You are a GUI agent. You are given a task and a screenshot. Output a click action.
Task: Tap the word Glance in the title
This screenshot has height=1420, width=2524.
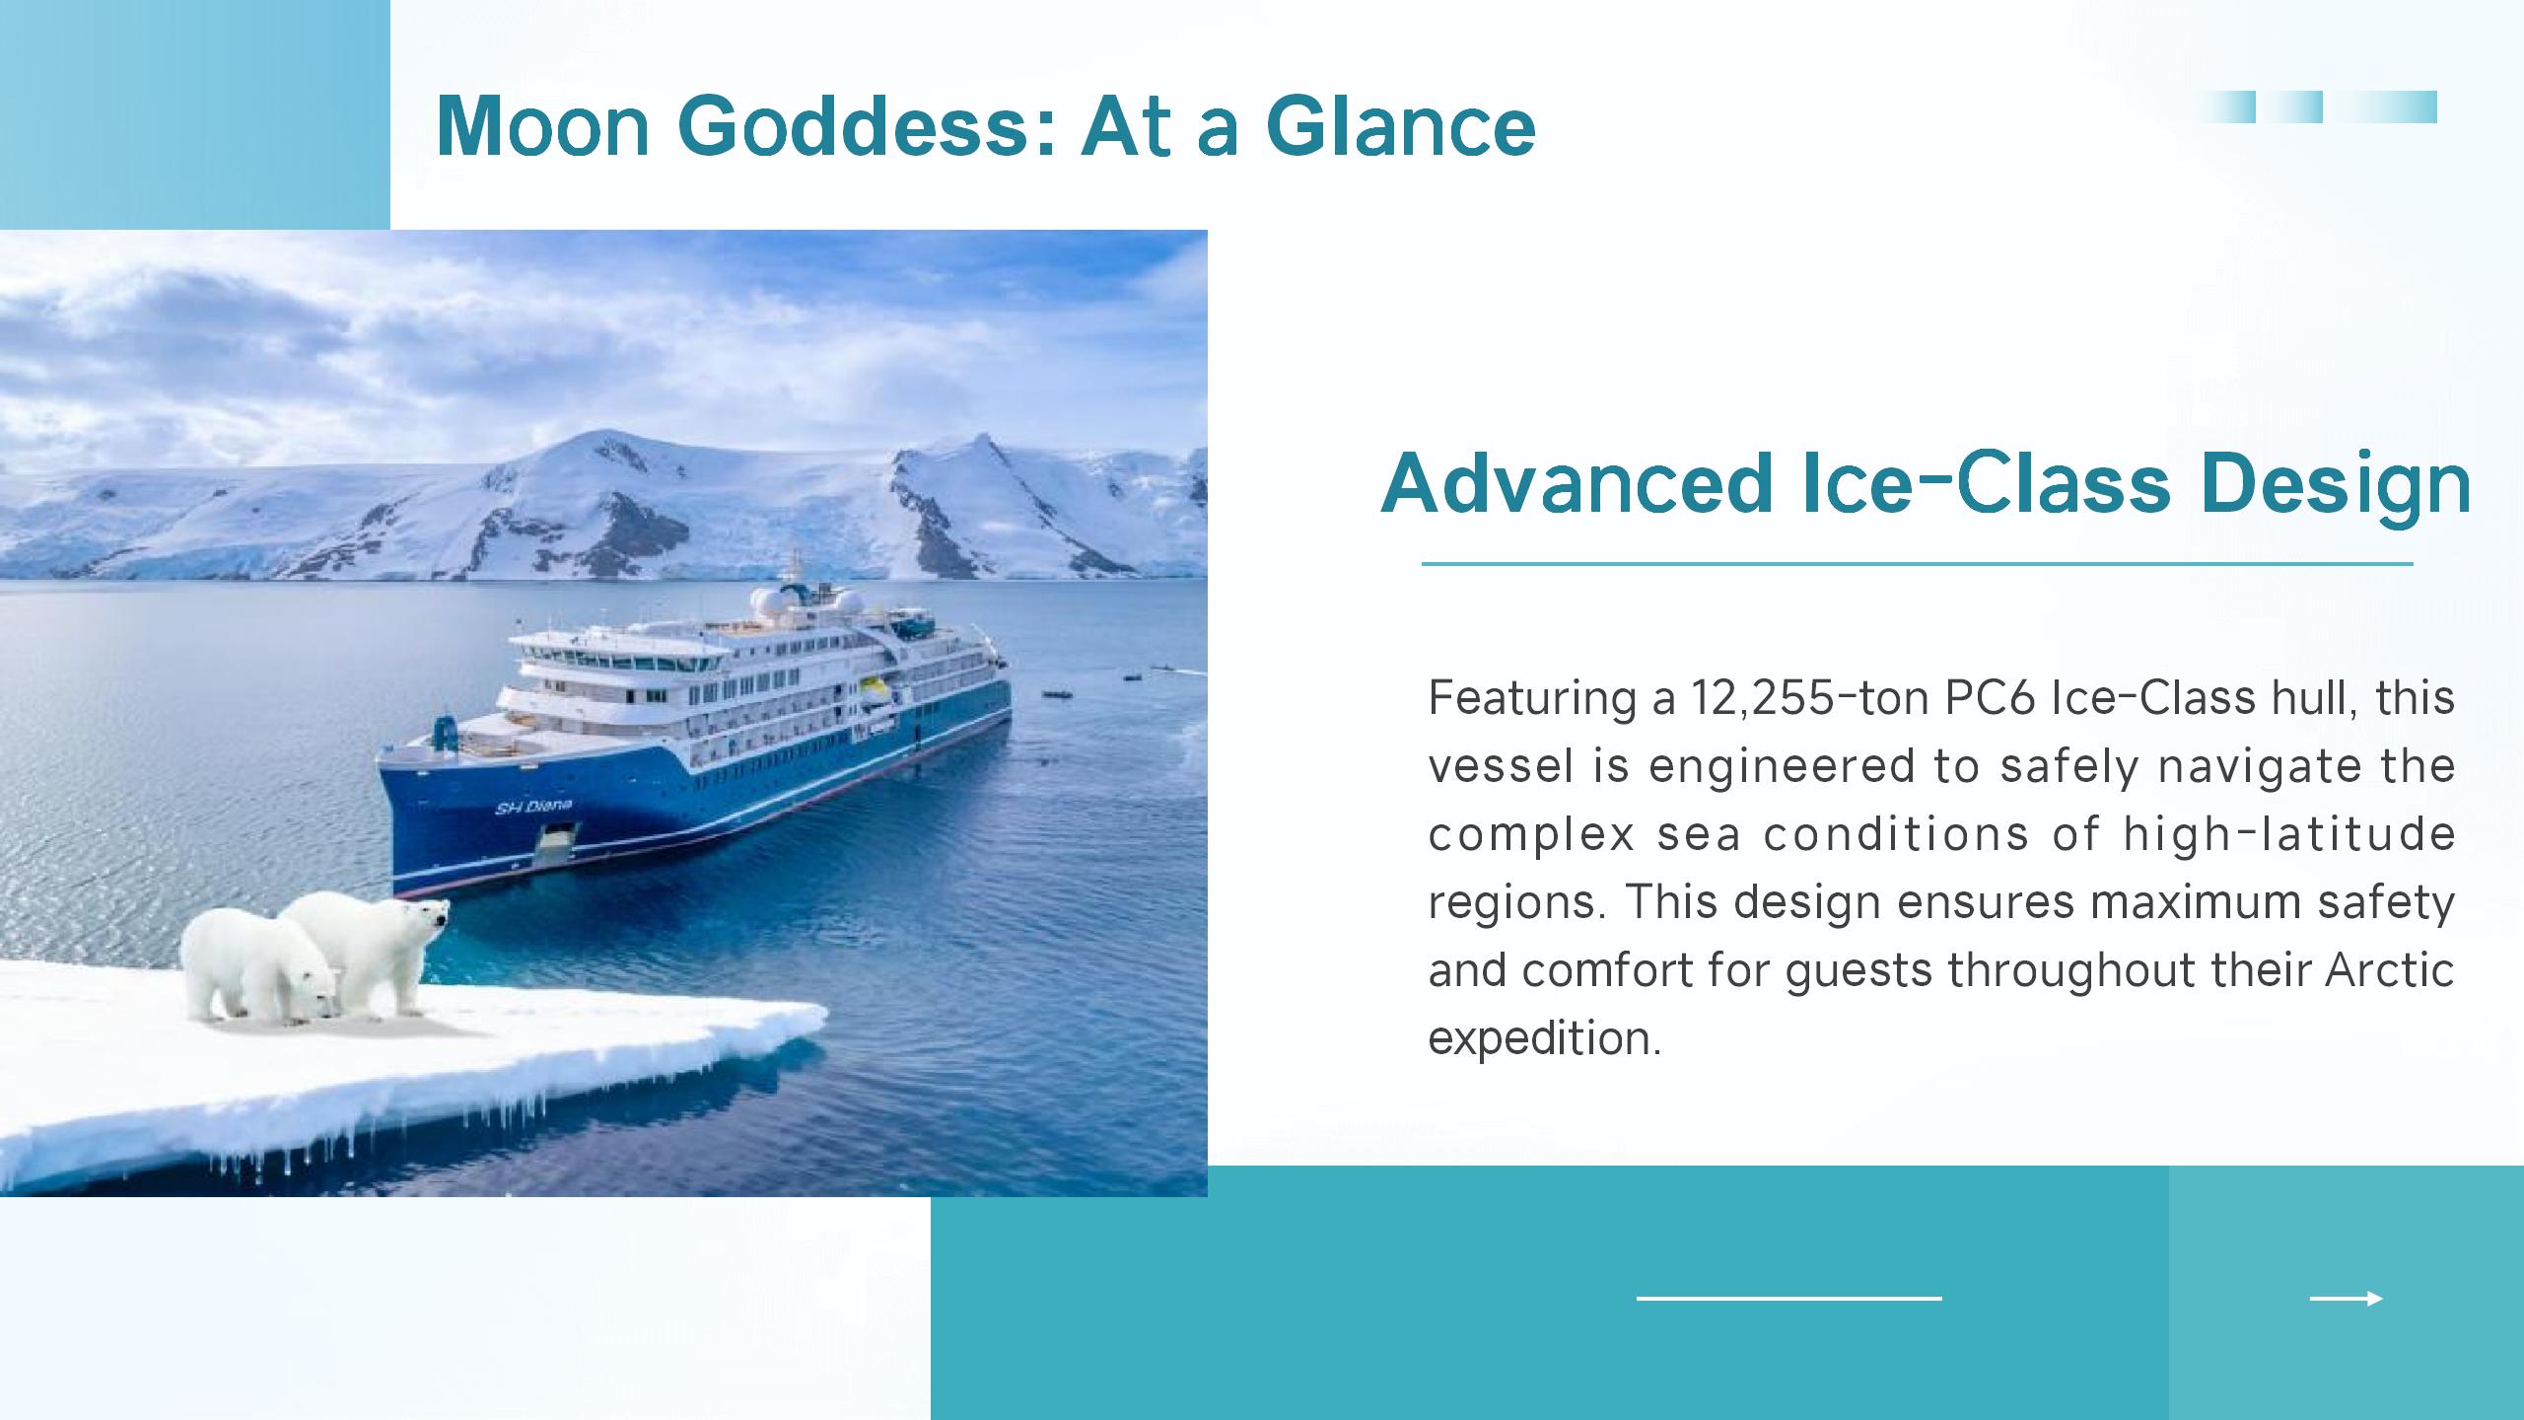1400,126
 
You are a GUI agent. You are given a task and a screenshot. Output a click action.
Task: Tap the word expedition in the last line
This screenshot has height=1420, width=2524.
1544,1038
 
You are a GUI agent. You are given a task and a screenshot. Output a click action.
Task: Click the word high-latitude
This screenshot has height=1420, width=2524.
2288,833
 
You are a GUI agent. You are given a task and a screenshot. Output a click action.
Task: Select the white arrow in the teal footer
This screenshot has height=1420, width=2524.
2346,1299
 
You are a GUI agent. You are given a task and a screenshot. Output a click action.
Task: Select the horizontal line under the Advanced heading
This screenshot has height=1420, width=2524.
1917,564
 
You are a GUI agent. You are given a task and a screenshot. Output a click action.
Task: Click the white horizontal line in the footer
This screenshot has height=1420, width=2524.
1788,1299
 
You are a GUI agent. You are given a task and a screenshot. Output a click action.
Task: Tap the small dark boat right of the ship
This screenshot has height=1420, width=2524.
1058,693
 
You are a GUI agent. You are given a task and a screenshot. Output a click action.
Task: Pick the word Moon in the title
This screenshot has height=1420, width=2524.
542,126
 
